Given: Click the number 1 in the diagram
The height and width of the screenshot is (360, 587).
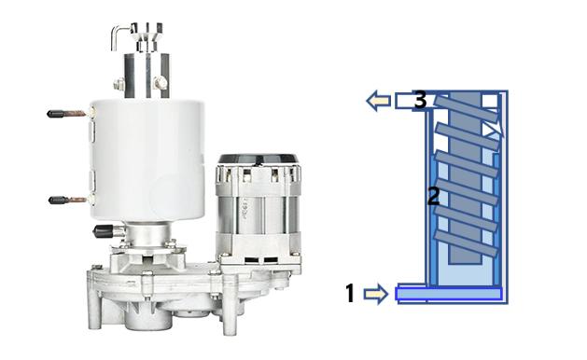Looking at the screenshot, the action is tap(350, 293).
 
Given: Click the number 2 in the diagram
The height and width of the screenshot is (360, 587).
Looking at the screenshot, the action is tap(434, 196).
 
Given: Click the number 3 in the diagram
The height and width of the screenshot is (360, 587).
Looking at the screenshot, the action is tap(420, 101).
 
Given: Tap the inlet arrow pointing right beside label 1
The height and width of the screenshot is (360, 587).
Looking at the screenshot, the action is tap(375, 294).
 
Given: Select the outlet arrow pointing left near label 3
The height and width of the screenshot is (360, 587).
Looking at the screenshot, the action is tap(379, 101).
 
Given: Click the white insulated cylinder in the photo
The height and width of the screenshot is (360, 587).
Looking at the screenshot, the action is tap(147, 160).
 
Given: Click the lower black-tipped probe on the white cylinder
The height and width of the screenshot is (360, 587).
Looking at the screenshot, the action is tap(69, 201).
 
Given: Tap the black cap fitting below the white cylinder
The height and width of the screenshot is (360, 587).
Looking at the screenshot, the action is tap(105, 231).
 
